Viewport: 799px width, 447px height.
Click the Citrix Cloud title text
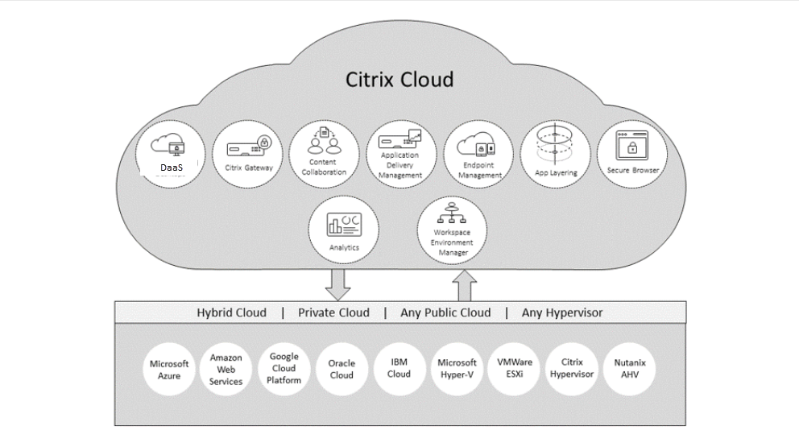coord(399,80)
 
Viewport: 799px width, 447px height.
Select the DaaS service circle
coord(169,154)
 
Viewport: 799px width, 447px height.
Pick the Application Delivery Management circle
coord(399,154)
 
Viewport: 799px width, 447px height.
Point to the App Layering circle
coord(554,154)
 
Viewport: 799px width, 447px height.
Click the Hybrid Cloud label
coord(233,312)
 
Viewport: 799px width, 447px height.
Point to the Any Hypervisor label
coord(561,312)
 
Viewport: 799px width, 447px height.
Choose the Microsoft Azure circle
coord(169,370)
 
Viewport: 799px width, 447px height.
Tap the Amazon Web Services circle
coord(226,370)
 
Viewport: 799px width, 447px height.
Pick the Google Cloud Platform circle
coord(284,368)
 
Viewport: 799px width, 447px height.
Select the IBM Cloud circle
coord(398,368)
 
